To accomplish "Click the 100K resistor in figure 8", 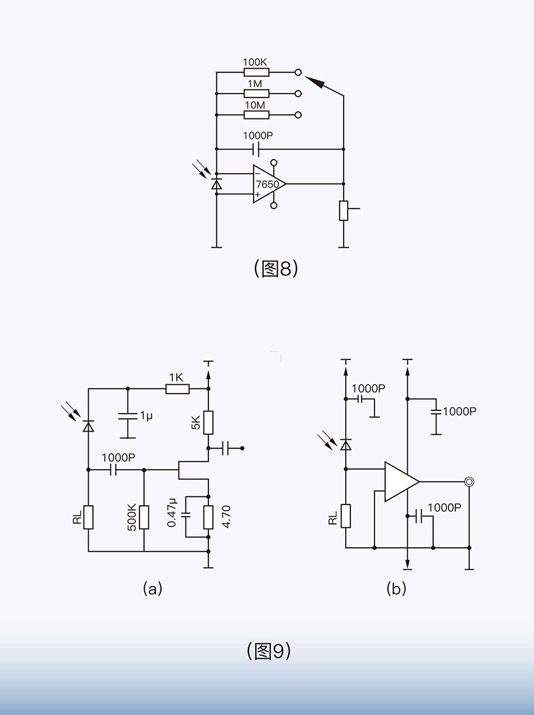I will pyautogui.click(x=256, y=71).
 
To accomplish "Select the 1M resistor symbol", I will pyautogui.click(x=256, y=94).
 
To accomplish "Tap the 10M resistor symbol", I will pyautogui.click(x=256, y=115).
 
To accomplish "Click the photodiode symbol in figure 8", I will pyautogui.click(x=216, y=183).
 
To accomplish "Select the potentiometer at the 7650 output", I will pyautogui.click(x=344, y=210).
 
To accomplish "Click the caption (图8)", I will pyautogui.click(x=276, y=269).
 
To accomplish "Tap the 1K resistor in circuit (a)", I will pyautogui.click(x=178, y=388).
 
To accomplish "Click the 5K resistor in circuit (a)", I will pyautogui.click(x=208, y=422).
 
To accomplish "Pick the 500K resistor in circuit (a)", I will pyautogui.click(x=144, y=517).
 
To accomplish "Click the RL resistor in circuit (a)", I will pyautogui.click(x=88, y=517).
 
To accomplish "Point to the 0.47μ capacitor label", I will pyautogui.click(x=172, y=513).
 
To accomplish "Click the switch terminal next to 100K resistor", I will pyautogui.click(x=298, y=71).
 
